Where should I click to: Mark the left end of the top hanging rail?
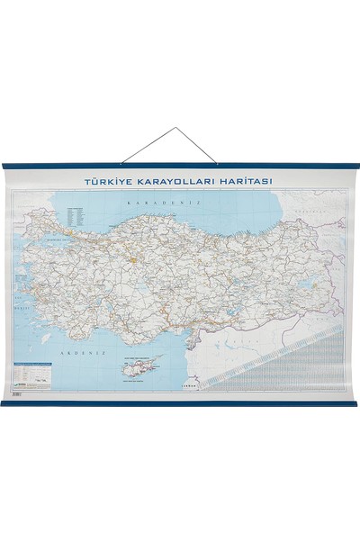pos(4,167)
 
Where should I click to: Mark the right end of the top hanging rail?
pos(356,167)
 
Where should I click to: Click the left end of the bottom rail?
pos(4,402)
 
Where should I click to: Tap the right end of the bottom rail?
pos(356,402)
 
